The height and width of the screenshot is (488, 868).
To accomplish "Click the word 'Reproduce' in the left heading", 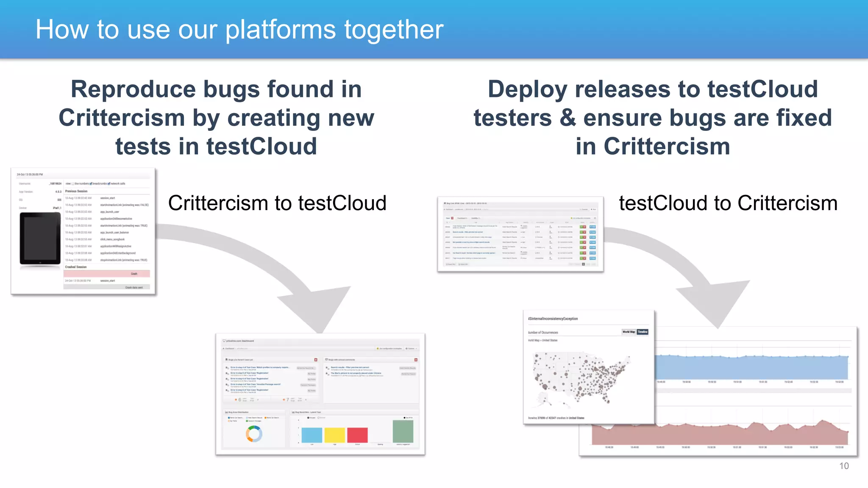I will pyautogui.click(x=134, y=89).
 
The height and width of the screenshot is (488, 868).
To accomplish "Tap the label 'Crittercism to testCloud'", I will pyautogui.click(x=277, y=203).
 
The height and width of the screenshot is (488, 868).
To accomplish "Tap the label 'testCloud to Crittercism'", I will pyautogui.click(x=728, y=203).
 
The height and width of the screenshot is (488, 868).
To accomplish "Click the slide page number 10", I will pyautogui.click(x=843, y=466).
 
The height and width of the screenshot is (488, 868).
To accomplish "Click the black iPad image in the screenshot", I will pyautogui.click(x=40, y=239).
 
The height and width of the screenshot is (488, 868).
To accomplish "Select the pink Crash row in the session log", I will pyautogui.click(x=106, y=274).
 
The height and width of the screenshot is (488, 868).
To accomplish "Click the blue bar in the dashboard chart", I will pyautogui.click(x=312, y=435).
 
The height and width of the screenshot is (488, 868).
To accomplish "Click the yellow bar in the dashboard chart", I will pyautogui.click(x=334, y=435).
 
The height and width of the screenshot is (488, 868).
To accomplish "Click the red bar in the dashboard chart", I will pyautogui.click(x=357, y=435).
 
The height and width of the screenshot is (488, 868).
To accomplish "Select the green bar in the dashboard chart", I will pyautogui.click(x=403, y=431).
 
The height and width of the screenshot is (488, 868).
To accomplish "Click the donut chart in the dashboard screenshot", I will pyautogui.click(x=254, y=434).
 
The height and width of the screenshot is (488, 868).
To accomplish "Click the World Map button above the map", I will pyautogui.click(x=629, y=332).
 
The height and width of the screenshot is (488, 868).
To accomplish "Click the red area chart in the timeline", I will pyautogui.click(x=721, y=435).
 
